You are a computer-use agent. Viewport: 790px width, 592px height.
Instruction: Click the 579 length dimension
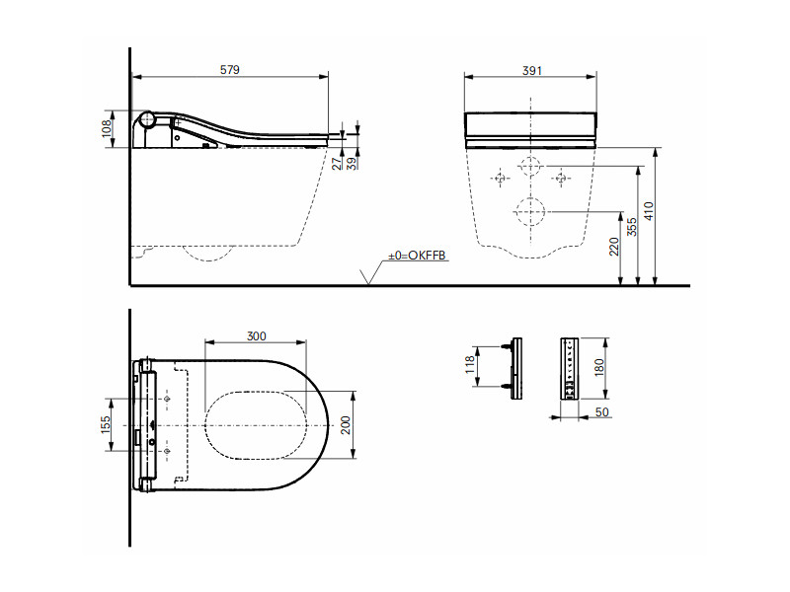click(230, 70)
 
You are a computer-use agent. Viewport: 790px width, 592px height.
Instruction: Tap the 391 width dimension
click(532, 70)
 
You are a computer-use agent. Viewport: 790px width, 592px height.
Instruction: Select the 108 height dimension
click(107, 129)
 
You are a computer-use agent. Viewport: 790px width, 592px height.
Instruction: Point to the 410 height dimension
click(649, 211)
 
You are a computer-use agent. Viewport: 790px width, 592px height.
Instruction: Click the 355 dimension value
click(632, 227)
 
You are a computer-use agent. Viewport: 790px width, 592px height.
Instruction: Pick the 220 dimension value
click(614, 248)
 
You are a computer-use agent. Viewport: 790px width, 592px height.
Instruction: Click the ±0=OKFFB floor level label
click(417, 256)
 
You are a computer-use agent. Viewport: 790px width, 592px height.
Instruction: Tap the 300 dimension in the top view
click(257, 335)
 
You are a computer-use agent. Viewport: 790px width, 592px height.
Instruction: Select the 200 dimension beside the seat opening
click(346, 425)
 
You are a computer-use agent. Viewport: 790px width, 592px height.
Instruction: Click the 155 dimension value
click(106, 424)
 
